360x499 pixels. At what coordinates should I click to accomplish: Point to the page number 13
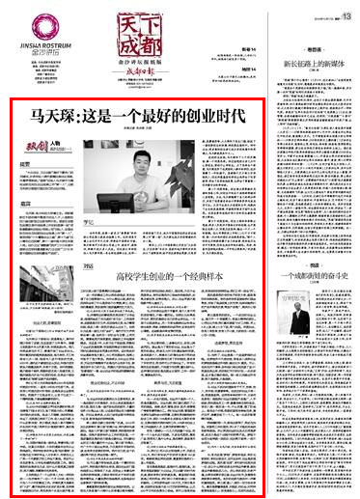346,6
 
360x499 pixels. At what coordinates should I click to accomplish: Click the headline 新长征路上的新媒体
312,63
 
